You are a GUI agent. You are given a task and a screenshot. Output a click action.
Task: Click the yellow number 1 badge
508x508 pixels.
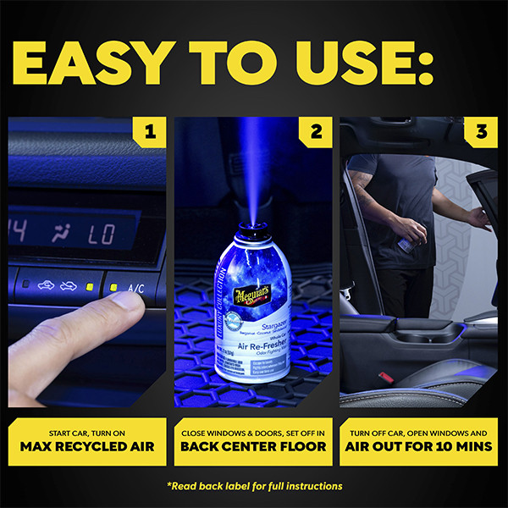point(150,132)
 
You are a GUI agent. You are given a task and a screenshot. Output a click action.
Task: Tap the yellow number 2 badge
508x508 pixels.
point(316,132)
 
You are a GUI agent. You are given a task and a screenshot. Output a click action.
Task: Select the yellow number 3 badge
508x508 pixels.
point(481,132)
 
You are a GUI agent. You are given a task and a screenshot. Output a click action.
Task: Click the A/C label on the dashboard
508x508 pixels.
point(135,288)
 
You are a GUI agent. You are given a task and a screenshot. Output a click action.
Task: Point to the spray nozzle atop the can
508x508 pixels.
point(252,222)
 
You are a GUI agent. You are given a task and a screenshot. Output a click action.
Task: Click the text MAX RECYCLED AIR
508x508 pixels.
point(88,445)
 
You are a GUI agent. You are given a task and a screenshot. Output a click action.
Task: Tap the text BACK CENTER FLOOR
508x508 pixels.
point(253,445)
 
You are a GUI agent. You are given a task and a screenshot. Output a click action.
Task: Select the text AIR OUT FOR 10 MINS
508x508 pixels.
point(418,445)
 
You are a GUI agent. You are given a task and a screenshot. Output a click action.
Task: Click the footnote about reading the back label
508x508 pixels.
point(254,486)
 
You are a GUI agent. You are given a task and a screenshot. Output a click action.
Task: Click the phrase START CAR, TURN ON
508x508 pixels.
point(88,428)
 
